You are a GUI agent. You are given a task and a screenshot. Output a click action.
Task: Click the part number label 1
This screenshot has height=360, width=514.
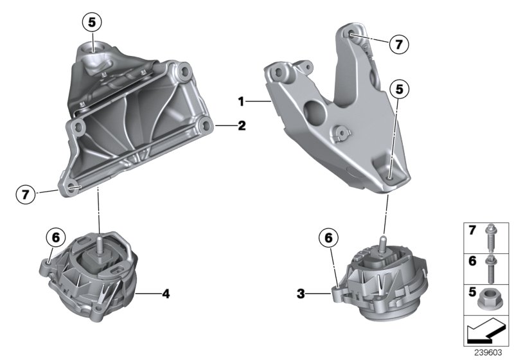click(x=242, y=101)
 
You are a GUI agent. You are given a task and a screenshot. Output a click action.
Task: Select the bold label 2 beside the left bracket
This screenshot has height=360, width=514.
click(x=242, y=127)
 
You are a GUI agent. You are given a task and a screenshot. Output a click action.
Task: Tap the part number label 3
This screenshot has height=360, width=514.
click(x=301, y=295)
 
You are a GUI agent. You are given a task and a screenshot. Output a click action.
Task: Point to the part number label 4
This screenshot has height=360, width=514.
click(x=166, y=294)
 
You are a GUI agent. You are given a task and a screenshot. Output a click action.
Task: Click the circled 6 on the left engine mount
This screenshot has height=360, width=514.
click(x=55, y=238)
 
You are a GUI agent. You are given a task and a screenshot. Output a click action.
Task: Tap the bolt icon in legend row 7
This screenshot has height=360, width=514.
click(x=490, y=237)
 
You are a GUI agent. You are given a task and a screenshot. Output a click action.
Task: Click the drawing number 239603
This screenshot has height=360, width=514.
click(x=489, y=353)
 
